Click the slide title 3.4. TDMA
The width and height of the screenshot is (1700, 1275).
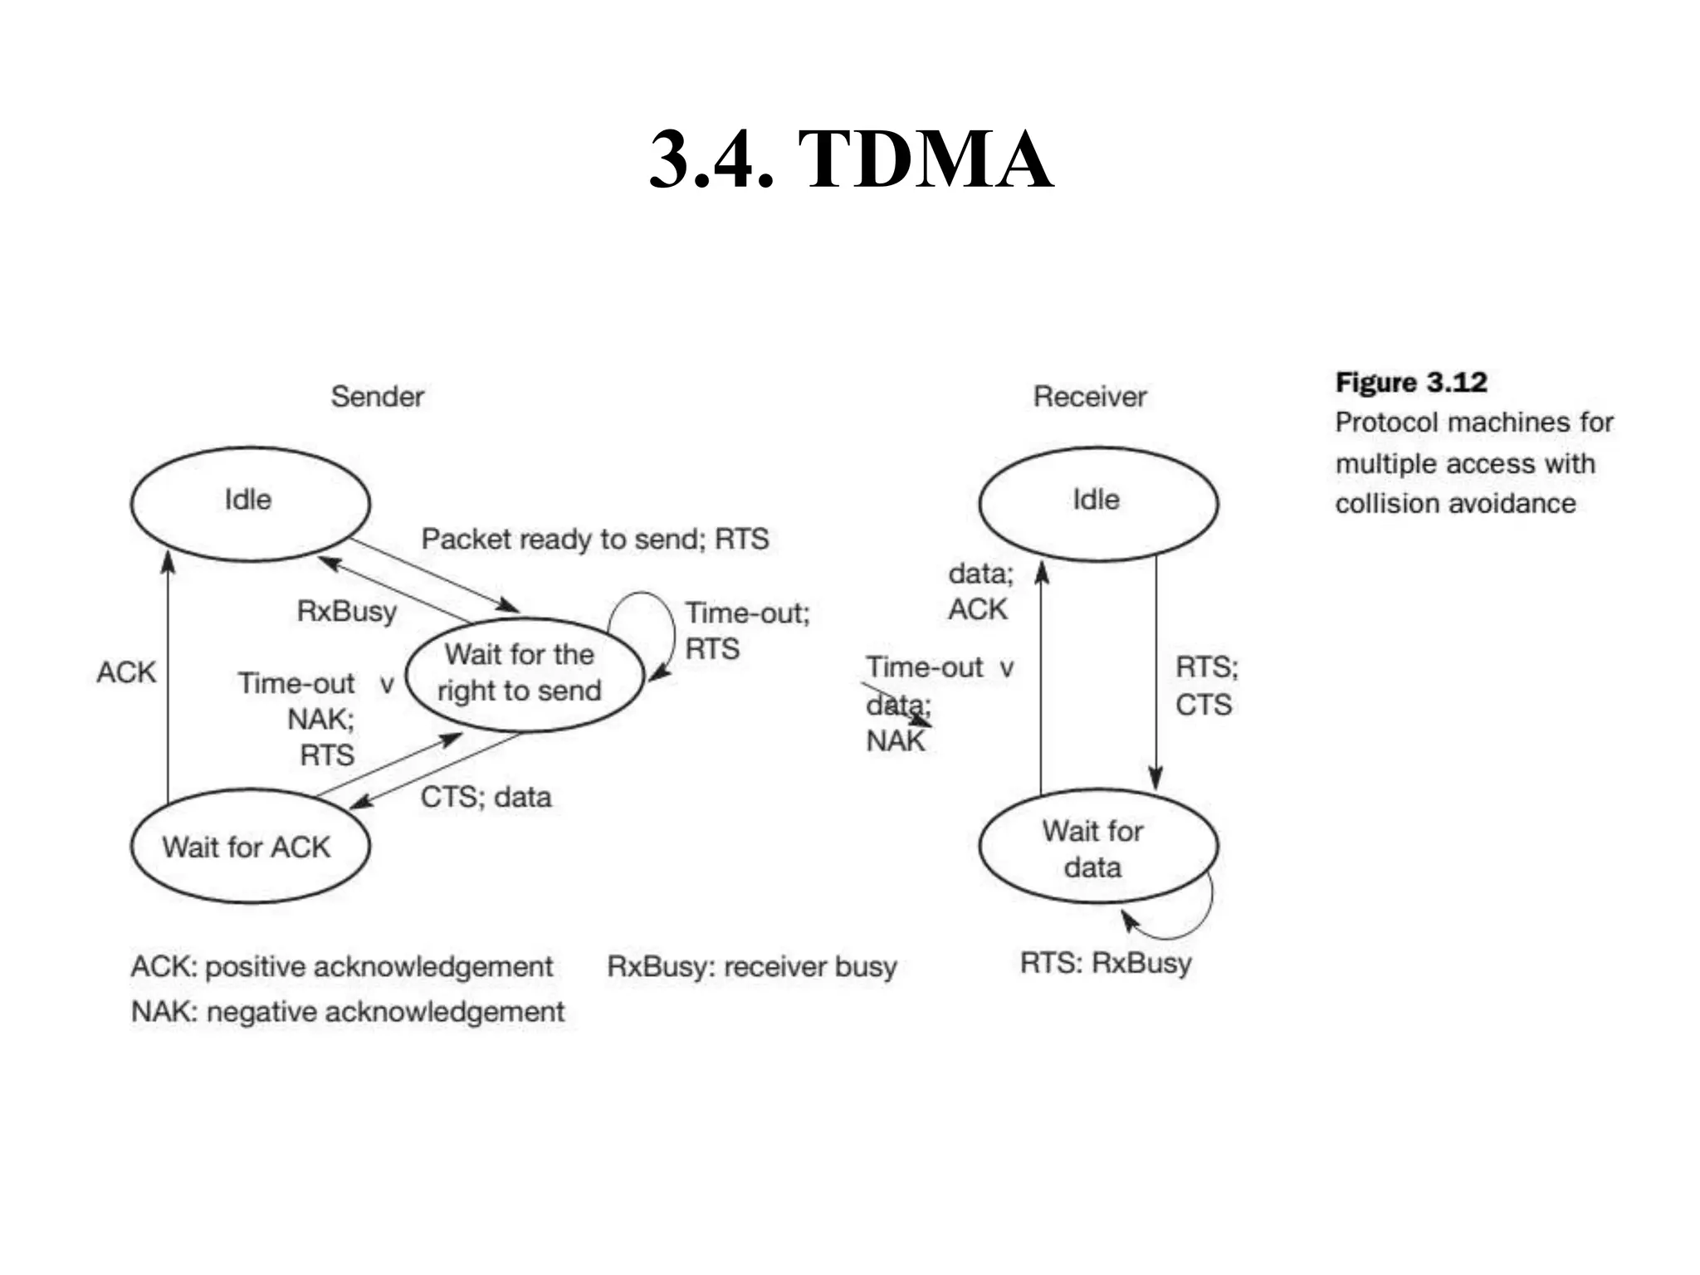click(x=851, y=159)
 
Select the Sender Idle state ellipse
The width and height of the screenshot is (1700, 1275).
click(x=250, y=503)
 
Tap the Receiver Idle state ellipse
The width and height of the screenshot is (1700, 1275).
click(x=1097, y=503)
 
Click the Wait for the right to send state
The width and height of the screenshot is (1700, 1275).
click(x=523, y=673)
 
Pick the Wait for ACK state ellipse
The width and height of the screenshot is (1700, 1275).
click(x=249, y=847)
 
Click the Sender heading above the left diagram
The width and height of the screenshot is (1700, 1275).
click(x=377, y=397)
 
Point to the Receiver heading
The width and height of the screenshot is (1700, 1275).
click(x=1089, y=397)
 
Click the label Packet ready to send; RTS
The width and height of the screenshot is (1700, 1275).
click(x=594, y=540)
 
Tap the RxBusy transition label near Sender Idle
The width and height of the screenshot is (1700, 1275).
click(x=347, y=612)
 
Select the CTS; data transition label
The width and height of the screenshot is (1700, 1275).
click(x=486, y=798)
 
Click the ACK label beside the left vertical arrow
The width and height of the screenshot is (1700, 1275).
click(x=126, y=672)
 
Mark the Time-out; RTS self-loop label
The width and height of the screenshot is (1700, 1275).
click(x=746, y=631)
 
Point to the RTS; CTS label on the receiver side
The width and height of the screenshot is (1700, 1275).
click(x=1205, y=686)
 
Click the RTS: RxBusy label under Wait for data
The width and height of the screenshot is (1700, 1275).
click(x=1106, y=963)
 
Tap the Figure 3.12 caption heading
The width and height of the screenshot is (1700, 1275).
click(x=1410, y=383)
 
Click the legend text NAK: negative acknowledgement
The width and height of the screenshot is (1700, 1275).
click(x=347, y=1012)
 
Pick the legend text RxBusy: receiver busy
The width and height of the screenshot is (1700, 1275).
click(x=751, y=967)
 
